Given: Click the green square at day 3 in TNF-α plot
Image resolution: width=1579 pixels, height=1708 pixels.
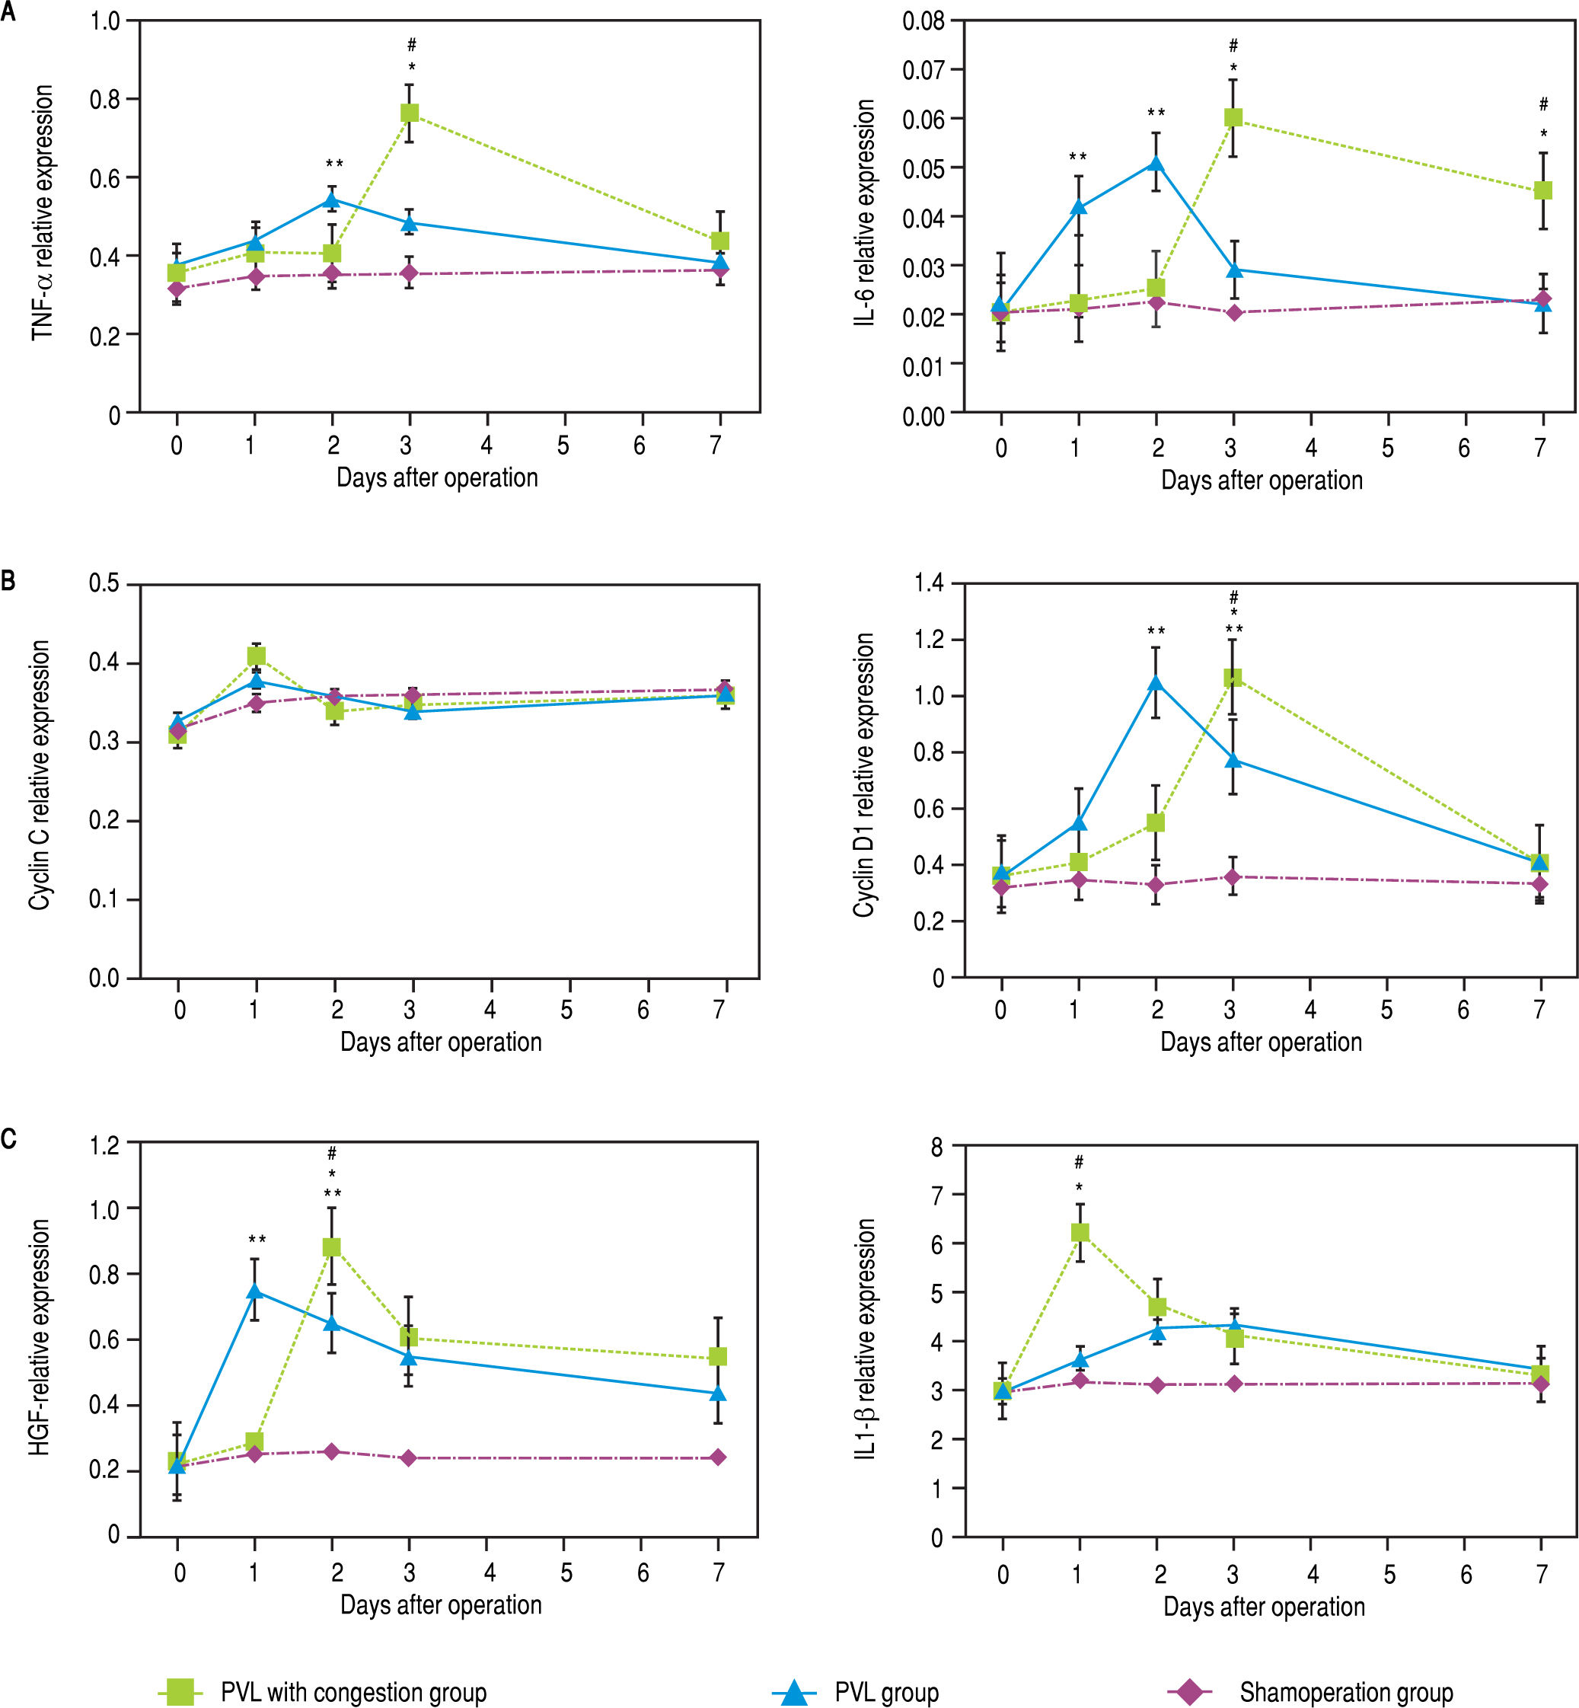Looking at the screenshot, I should (x=410, y=113).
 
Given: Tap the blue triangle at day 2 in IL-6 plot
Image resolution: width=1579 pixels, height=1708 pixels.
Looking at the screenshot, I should (x=1156, y=163).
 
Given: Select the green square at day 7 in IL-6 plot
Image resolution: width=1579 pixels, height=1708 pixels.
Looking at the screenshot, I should (x=1543, y=190).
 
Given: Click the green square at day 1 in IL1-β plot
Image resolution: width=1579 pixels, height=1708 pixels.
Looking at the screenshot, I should (x=1079, y=1232).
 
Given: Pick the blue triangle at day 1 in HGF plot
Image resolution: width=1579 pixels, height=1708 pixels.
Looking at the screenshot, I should (x=254, y=1291).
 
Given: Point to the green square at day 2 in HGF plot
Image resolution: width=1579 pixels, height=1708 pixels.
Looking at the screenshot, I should (x=331, y=1247).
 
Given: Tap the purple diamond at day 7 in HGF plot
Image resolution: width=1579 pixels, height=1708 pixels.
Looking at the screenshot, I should (x=718, y=1457).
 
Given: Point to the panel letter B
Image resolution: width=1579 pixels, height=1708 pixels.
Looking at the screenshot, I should (x=8, y=581).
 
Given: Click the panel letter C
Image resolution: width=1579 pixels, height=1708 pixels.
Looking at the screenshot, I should (x=8, y=1139).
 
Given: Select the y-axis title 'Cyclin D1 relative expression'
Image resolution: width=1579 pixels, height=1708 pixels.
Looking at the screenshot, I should (x=864, y=776).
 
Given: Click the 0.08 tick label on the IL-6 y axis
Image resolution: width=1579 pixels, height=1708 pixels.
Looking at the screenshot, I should (x=923, y=21).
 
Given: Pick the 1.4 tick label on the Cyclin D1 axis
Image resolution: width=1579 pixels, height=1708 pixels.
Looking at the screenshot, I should (x=929, y=583).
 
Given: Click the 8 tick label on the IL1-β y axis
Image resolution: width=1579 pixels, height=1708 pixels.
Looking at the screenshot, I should (x=937, y=1148).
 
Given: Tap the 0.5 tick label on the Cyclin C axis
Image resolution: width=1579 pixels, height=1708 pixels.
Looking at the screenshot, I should (x=104, y=584).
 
